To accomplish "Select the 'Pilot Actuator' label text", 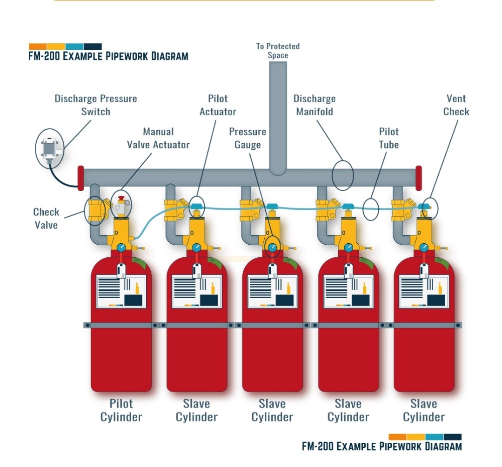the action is coord(218,105).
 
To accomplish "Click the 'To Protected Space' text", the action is coord(278,51).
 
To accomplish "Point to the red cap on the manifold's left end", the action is coord(80,178).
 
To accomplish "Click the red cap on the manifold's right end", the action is coord(418,178).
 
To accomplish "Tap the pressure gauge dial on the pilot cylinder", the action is coord(121,247).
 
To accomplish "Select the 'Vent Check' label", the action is coord(456,105).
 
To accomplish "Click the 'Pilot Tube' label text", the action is coord(388,138).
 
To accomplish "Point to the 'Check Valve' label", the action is coord(46,218).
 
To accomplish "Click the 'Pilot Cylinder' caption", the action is coord(121,410).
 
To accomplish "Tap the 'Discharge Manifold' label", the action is coord(315,105).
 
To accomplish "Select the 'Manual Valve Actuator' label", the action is coord(158,138).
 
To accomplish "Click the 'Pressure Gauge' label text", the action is coord(248,138).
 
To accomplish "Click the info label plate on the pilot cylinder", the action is coord(121,292).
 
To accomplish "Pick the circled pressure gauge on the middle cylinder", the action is coord(273,247).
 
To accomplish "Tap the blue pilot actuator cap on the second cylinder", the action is coord(197,206).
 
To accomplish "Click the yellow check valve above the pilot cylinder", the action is coord(96,210).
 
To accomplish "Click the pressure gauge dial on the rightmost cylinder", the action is coord(424,247).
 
